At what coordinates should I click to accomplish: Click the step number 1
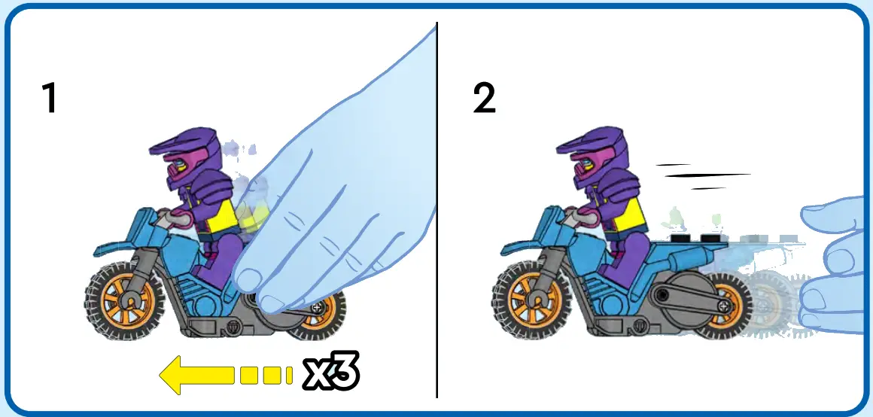tap(50, 99)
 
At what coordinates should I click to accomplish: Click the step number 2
tap(485, 99)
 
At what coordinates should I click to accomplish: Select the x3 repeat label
tap(331, 373)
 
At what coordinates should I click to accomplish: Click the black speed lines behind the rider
tap(704, 176)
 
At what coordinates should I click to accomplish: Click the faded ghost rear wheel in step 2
tap(768, 305)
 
